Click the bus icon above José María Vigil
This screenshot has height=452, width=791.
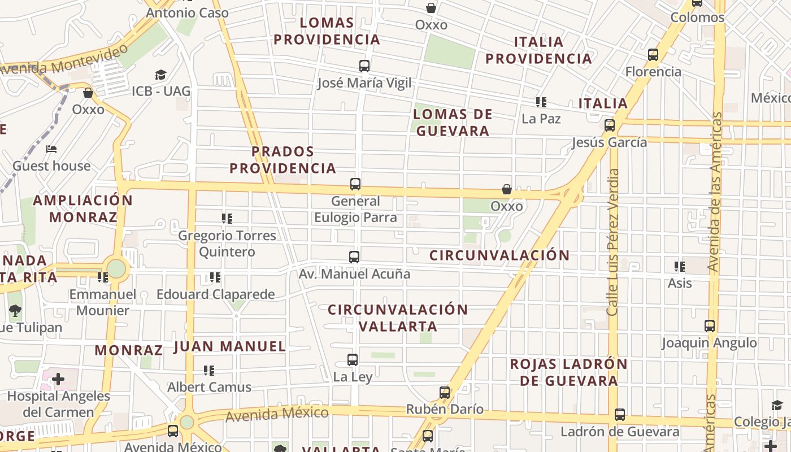[x=364, y=66]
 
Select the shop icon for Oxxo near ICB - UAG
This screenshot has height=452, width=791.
[x=88, y=93]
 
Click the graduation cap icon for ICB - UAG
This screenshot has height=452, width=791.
[x=161, y=75]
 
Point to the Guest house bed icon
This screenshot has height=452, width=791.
[x=51, y=150]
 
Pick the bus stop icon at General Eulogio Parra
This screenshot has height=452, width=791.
[x=355, y=184]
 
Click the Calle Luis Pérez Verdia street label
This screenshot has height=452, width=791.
[x=614, y=242]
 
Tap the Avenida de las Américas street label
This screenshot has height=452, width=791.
[x=716, y=192]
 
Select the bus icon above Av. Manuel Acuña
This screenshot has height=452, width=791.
[x=354, y=257]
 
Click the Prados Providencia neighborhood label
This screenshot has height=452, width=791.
[x=282, y=160]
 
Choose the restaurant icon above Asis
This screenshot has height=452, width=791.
[x=680, y=266]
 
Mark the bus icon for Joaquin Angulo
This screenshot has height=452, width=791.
[x=710, y=326]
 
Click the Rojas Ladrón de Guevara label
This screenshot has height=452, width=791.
[x=568, y=372]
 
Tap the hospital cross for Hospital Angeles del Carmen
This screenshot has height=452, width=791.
[x=58, y=379]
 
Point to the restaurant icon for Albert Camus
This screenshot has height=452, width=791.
[x=209, y=371]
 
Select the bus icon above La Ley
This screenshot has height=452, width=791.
[x=353, y=360]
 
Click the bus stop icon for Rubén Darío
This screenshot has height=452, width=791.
[x=445, y=393]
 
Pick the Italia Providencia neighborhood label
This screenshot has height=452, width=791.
[x=538, y=50]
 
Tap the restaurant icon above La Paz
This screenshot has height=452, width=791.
[x=541, y=102]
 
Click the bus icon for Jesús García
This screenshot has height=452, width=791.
[x=610, y=125]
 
